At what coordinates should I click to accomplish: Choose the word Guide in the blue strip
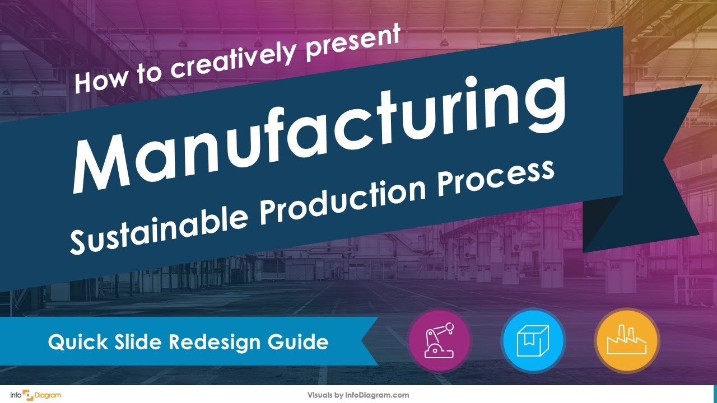click(303, 342)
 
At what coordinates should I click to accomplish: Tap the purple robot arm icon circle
click(439, 340)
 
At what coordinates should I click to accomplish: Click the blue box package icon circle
click(533, 340)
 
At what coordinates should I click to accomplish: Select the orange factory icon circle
click(627, 340)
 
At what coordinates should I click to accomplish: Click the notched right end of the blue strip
click(367, 341)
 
